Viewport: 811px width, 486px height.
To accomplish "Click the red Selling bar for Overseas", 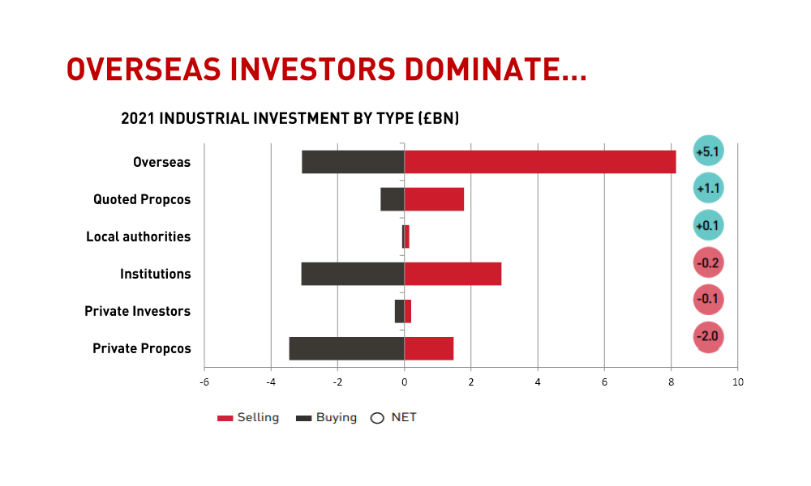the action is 540,162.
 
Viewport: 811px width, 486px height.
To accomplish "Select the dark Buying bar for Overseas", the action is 354,162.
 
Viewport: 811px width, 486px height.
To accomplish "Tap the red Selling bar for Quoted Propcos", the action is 434,199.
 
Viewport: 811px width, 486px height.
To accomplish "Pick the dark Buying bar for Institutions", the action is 353,274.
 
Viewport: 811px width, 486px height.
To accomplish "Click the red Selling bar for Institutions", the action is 453,274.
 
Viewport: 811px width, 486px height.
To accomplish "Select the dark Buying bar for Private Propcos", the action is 346,348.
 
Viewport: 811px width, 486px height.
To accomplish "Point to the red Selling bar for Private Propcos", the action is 429,348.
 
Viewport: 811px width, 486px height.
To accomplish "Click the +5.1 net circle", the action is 708,151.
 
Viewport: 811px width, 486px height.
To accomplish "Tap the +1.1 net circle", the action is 708,188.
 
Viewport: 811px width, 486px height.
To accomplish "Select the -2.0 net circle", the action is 708,337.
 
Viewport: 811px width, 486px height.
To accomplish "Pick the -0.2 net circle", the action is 708,262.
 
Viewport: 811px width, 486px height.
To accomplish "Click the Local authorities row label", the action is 138,237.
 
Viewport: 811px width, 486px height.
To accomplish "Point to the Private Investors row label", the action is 138,311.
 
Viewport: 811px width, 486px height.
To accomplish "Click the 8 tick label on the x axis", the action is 672,382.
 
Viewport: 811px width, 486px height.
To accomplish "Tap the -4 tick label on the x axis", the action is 271,382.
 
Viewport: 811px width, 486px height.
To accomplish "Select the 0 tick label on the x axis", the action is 405,382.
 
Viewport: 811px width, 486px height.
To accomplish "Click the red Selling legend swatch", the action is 225,418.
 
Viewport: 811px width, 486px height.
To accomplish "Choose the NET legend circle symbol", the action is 377,418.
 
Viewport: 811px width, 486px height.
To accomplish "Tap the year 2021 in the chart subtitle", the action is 138,118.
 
